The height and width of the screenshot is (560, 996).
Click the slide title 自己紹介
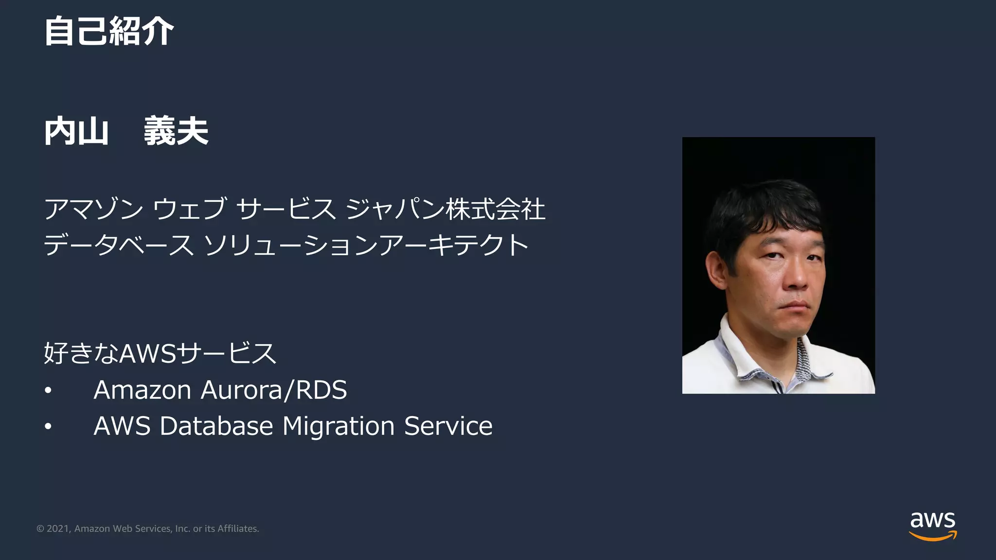pos(108,31)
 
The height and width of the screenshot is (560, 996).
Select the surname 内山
pos(76,131)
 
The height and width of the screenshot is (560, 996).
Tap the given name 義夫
pos(176,131)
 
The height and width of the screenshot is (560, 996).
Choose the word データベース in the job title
pos(119,245)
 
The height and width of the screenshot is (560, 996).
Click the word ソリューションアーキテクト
pos(366,245)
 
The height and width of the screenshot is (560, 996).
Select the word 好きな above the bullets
pos(81,353)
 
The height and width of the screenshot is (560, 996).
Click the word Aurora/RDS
pos(274,390)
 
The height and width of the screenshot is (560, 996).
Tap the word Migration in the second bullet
pos(338,426)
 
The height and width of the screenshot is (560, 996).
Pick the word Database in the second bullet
pos(216,426)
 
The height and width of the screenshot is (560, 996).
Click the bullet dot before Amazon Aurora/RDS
pos(48,391)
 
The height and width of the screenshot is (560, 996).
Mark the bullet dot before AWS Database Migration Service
pos(48,427)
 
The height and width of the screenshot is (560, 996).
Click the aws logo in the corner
pos(932,525)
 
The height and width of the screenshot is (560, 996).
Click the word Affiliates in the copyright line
pos(238,529)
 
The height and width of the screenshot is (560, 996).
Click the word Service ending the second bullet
pos(448,426)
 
